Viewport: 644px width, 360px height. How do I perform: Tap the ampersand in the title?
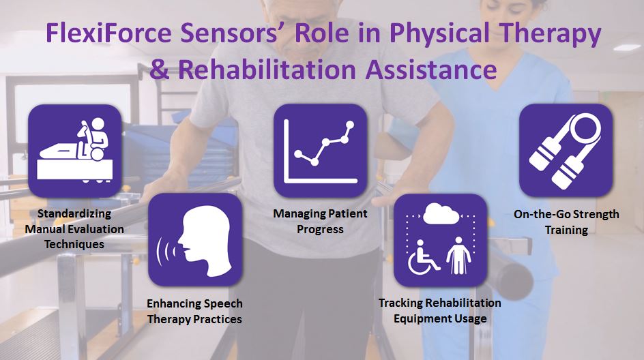click(x=160, y=69)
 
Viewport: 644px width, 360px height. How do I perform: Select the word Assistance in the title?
click(x=431, y=69)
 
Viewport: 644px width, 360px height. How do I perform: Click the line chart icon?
click(x=321, y=151)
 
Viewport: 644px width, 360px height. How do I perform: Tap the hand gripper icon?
click(x=566, y=150)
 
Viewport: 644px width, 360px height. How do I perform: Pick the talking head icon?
click(x=194, y=240)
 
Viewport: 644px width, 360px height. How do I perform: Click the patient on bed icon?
click(x=75, y=151)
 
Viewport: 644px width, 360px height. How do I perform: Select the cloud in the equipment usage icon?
click(x=441, y=213)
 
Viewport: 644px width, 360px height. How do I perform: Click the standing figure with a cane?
click(x=458, y=255)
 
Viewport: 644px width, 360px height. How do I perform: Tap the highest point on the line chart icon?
click(x=350, y=124)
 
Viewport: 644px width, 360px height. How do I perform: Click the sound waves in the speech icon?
click(x=166, y=250)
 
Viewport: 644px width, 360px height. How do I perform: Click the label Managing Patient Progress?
click(x=320, y=222)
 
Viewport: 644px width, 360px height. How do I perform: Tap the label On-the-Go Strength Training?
click(x=566, y=222)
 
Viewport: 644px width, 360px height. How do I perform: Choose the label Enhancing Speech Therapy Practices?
click(x=194, y=311)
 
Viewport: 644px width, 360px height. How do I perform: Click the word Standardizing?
click(x=74, y=213)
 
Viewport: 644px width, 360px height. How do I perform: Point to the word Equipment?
click(x=418, y=318)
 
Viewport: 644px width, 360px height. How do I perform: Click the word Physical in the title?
click(x=439, y=33)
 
